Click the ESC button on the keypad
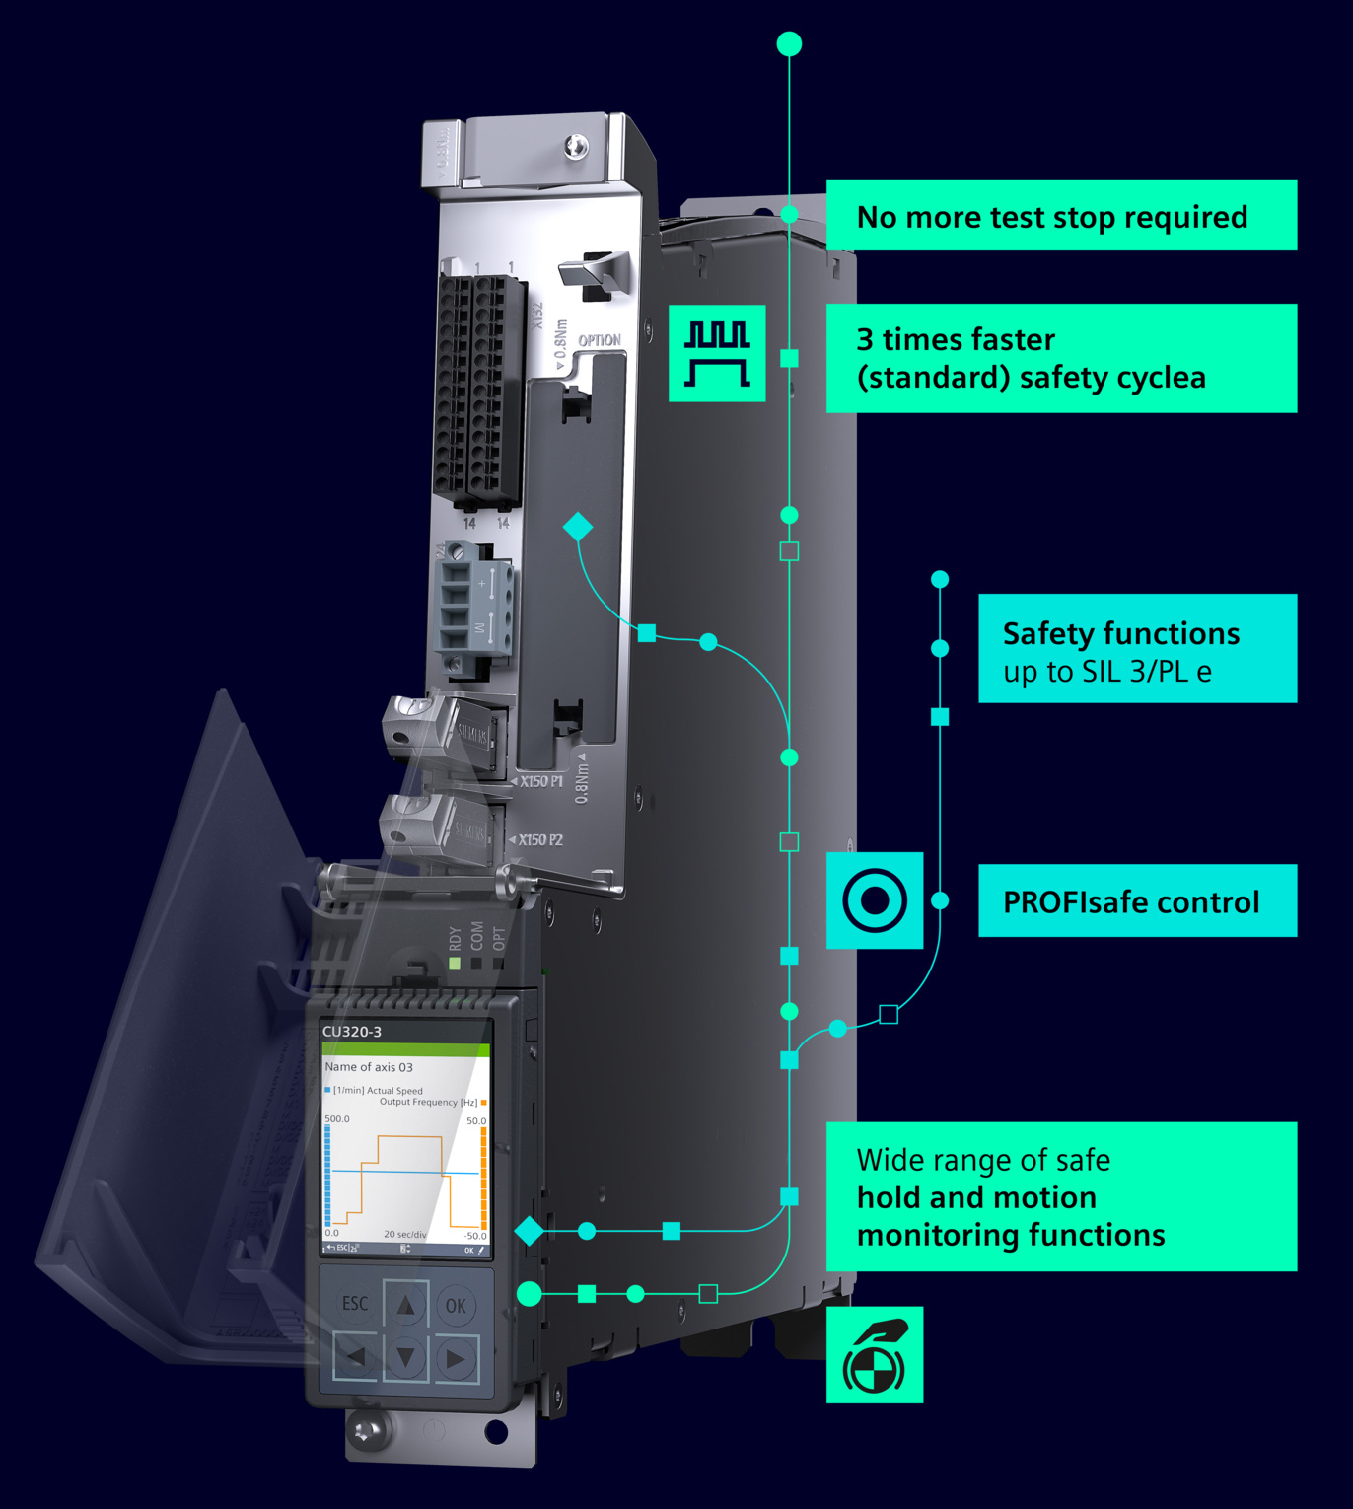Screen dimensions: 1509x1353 click(355, 1304)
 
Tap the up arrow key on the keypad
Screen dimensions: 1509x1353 click(405, 1305)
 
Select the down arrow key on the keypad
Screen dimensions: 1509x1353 click(405, 1358)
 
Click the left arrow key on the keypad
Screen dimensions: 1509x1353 click(355, 1358)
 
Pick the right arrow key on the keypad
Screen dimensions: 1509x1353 click(456, 1358)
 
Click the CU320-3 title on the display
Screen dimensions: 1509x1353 click(352, 1032)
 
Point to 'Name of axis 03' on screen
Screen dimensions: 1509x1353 click(369, 1067)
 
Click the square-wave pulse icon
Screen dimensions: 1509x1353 click(717, 353)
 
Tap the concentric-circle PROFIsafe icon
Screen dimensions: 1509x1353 click(875, 900)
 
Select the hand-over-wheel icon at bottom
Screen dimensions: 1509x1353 click(875, 1355)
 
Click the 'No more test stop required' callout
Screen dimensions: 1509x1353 click(1052, 216)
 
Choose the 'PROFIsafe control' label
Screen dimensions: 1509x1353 click(1131, 901)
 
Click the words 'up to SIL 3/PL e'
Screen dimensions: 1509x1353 click(1106, 672)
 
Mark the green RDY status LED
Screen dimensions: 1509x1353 click(455, 963)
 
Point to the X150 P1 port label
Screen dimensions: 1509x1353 click(541, 781)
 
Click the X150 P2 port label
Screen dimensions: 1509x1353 click(540, 840)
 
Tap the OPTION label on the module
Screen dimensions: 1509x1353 click(600, 340)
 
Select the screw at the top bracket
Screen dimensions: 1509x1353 click(576, 147)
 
